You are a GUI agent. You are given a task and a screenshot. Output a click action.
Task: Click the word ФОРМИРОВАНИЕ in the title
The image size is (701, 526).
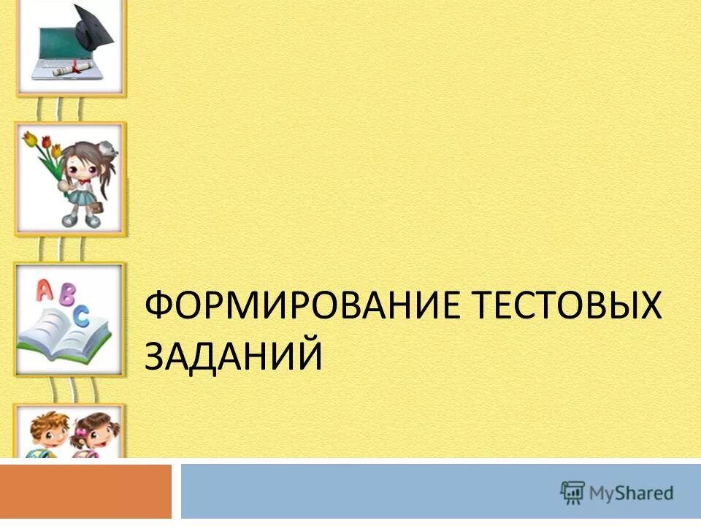tap(289, 305)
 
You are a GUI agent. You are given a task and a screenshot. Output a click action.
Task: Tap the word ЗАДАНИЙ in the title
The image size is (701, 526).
tap(234, 357)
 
